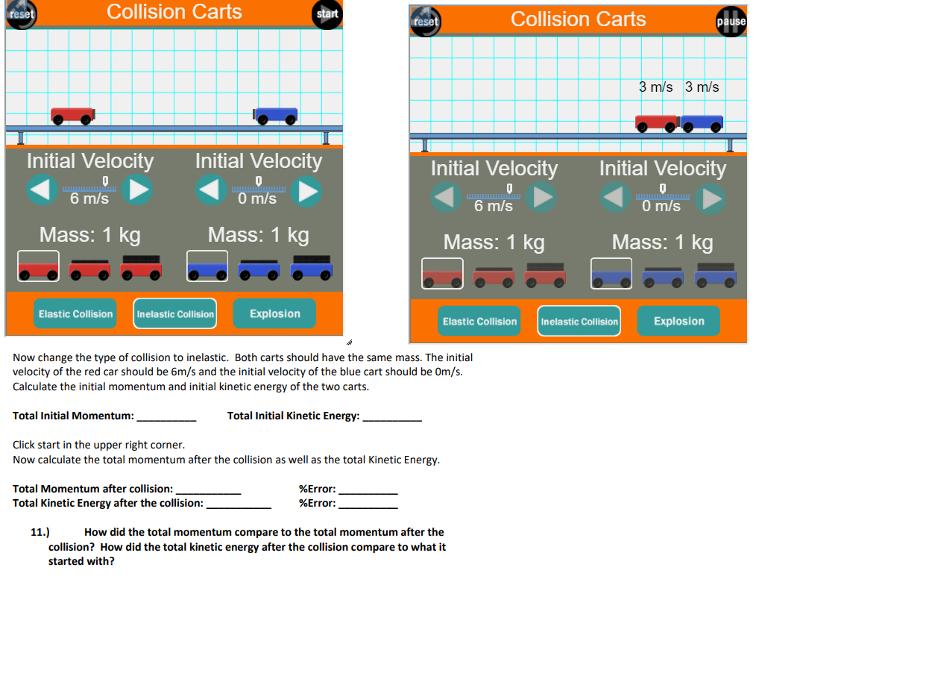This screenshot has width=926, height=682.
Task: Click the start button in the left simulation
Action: point(327,14)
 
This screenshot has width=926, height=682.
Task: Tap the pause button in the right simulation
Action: point(731,22)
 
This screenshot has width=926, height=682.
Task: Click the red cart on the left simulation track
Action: point(72,116)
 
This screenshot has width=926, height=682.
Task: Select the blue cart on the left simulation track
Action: point(276,115)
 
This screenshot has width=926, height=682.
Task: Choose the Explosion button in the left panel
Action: point(274,313)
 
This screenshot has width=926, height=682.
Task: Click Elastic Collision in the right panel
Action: point(479,321)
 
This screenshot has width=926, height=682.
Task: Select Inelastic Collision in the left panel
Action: point(175,314)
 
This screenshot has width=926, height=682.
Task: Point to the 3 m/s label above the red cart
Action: point(655,87)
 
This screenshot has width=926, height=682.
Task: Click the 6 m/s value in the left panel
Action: point(89,198)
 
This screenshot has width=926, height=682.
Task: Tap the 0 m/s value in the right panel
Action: point(661,206)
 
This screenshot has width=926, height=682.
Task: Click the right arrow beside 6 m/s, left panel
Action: point(137,190)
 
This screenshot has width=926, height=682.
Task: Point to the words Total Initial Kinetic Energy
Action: point(293,416)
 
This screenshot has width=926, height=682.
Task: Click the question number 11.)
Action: point(40,532)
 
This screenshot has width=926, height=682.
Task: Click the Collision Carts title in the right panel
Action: point(578,19)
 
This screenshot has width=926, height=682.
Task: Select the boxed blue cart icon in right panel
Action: point(611,274)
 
